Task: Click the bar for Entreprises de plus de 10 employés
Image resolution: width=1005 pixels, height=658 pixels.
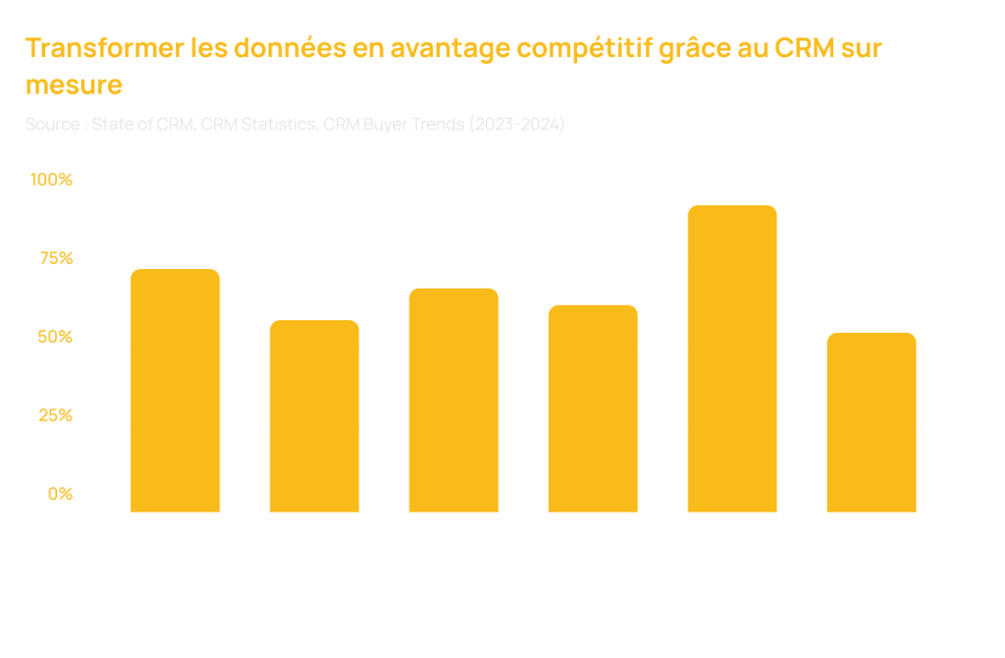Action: (x=731, y=358)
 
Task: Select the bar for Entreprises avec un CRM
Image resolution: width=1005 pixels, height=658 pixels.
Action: (x=871, y=421)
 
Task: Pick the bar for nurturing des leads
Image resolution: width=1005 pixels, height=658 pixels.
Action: (x=314, y=415)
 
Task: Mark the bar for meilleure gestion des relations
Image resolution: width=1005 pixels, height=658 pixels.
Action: (x=593, y=408)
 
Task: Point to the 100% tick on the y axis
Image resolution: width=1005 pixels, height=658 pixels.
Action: (x=51, y=180)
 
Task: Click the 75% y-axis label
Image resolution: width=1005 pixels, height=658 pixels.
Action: (x=56, y=258)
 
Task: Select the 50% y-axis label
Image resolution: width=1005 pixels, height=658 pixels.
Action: (x=56, y=337)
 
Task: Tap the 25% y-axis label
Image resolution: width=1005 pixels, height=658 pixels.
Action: (x=56, y=415)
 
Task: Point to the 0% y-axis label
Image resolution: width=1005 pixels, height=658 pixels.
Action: (x=61, y=494)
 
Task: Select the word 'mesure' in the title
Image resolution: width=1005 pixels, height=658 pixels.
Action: (x=74, y=85)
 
